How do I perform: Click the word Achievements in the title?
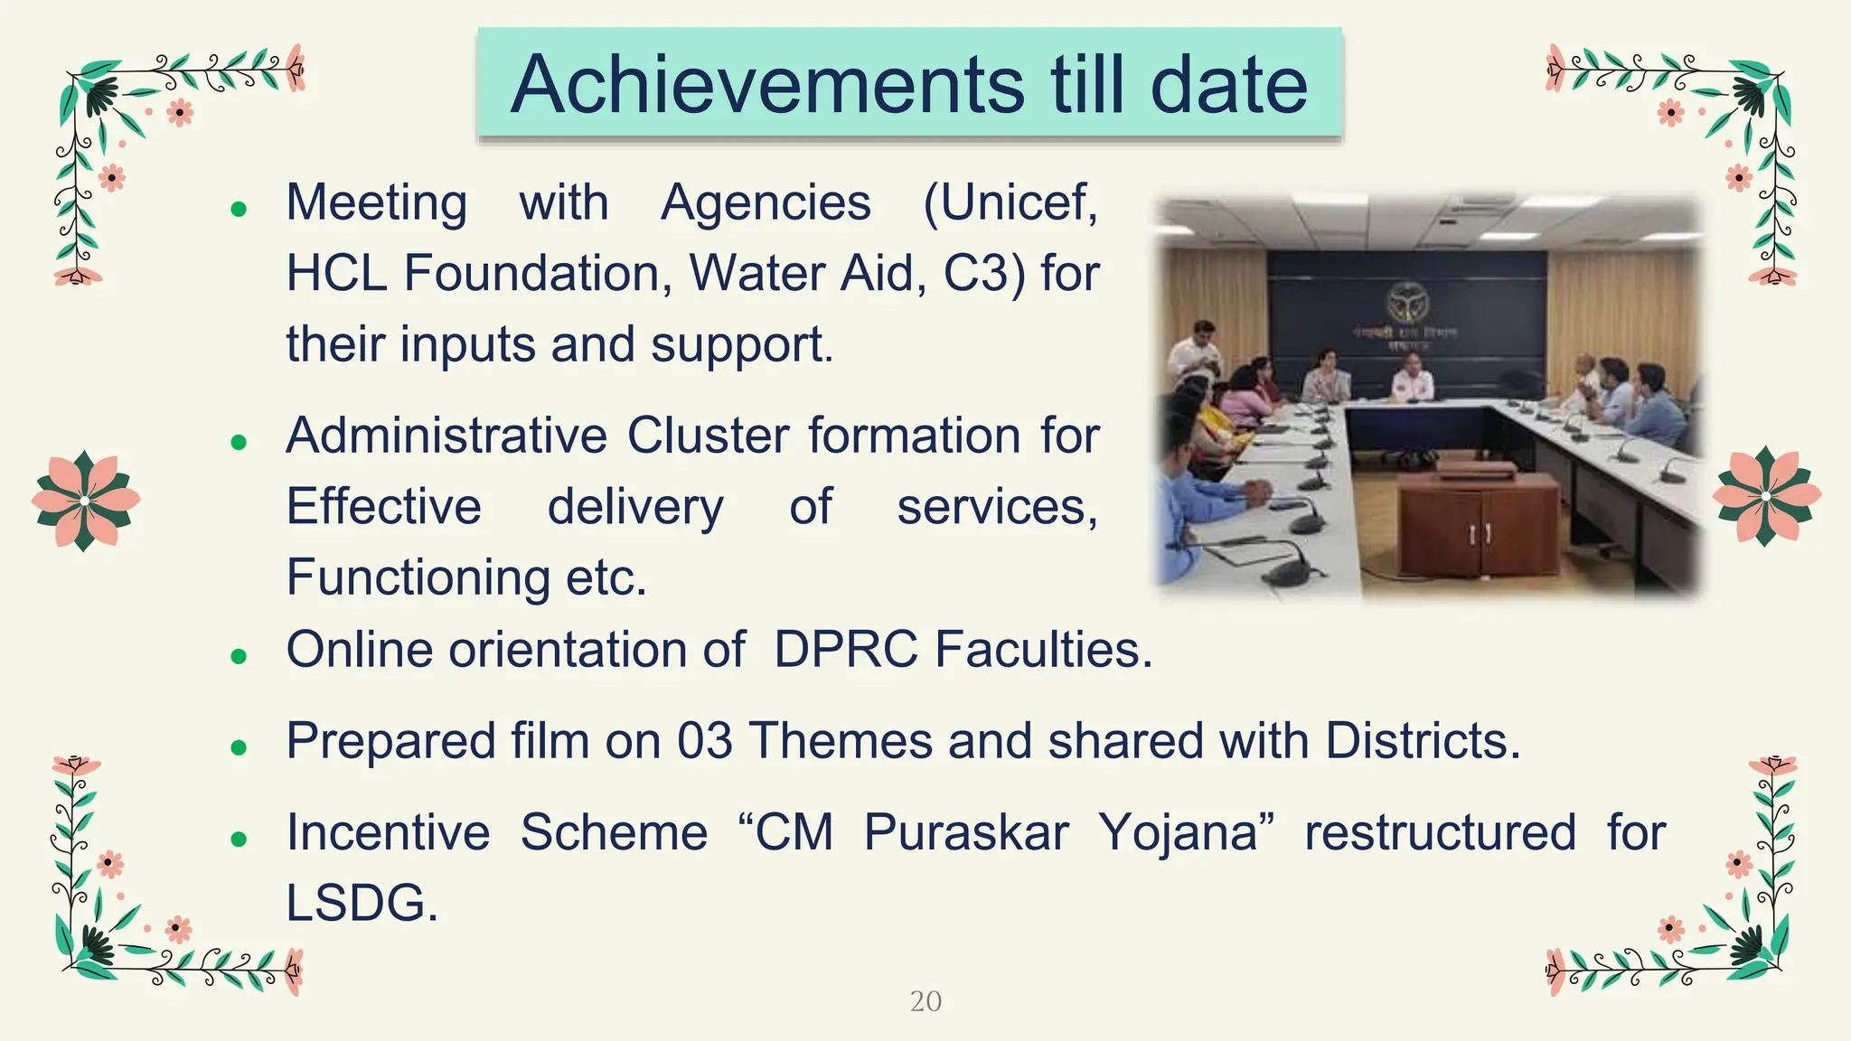[766, 85]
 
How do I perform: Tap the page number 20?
[925, 1001]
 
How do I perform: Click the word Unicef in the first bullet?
[1010, 202]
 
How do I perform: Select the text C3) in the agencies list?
[984, 274]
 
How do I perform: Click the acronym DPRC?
[845, 650]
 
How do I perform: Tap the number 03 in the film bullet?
[704, 741]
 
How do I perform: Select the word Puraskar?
[965, 832]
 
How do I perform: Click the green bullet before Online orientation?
[239, 656]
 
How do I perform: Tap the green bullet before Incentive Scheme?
[239, 839]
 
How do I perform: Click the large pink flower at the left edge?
[85, 500]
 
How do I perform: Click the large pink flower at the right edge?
[1766, 496]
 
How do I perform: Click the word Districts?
[1422, 741]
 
